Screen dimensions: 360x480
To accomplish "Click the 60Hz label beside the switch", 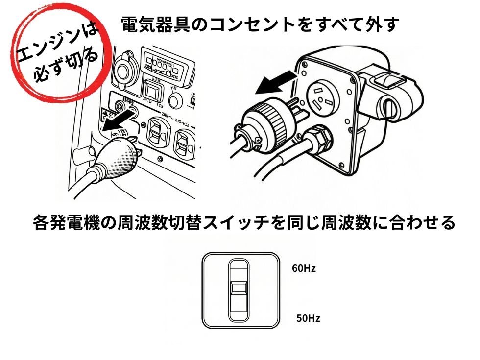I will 303,268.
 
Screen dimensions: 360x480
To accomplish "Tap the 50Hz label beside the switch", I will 308,318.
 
